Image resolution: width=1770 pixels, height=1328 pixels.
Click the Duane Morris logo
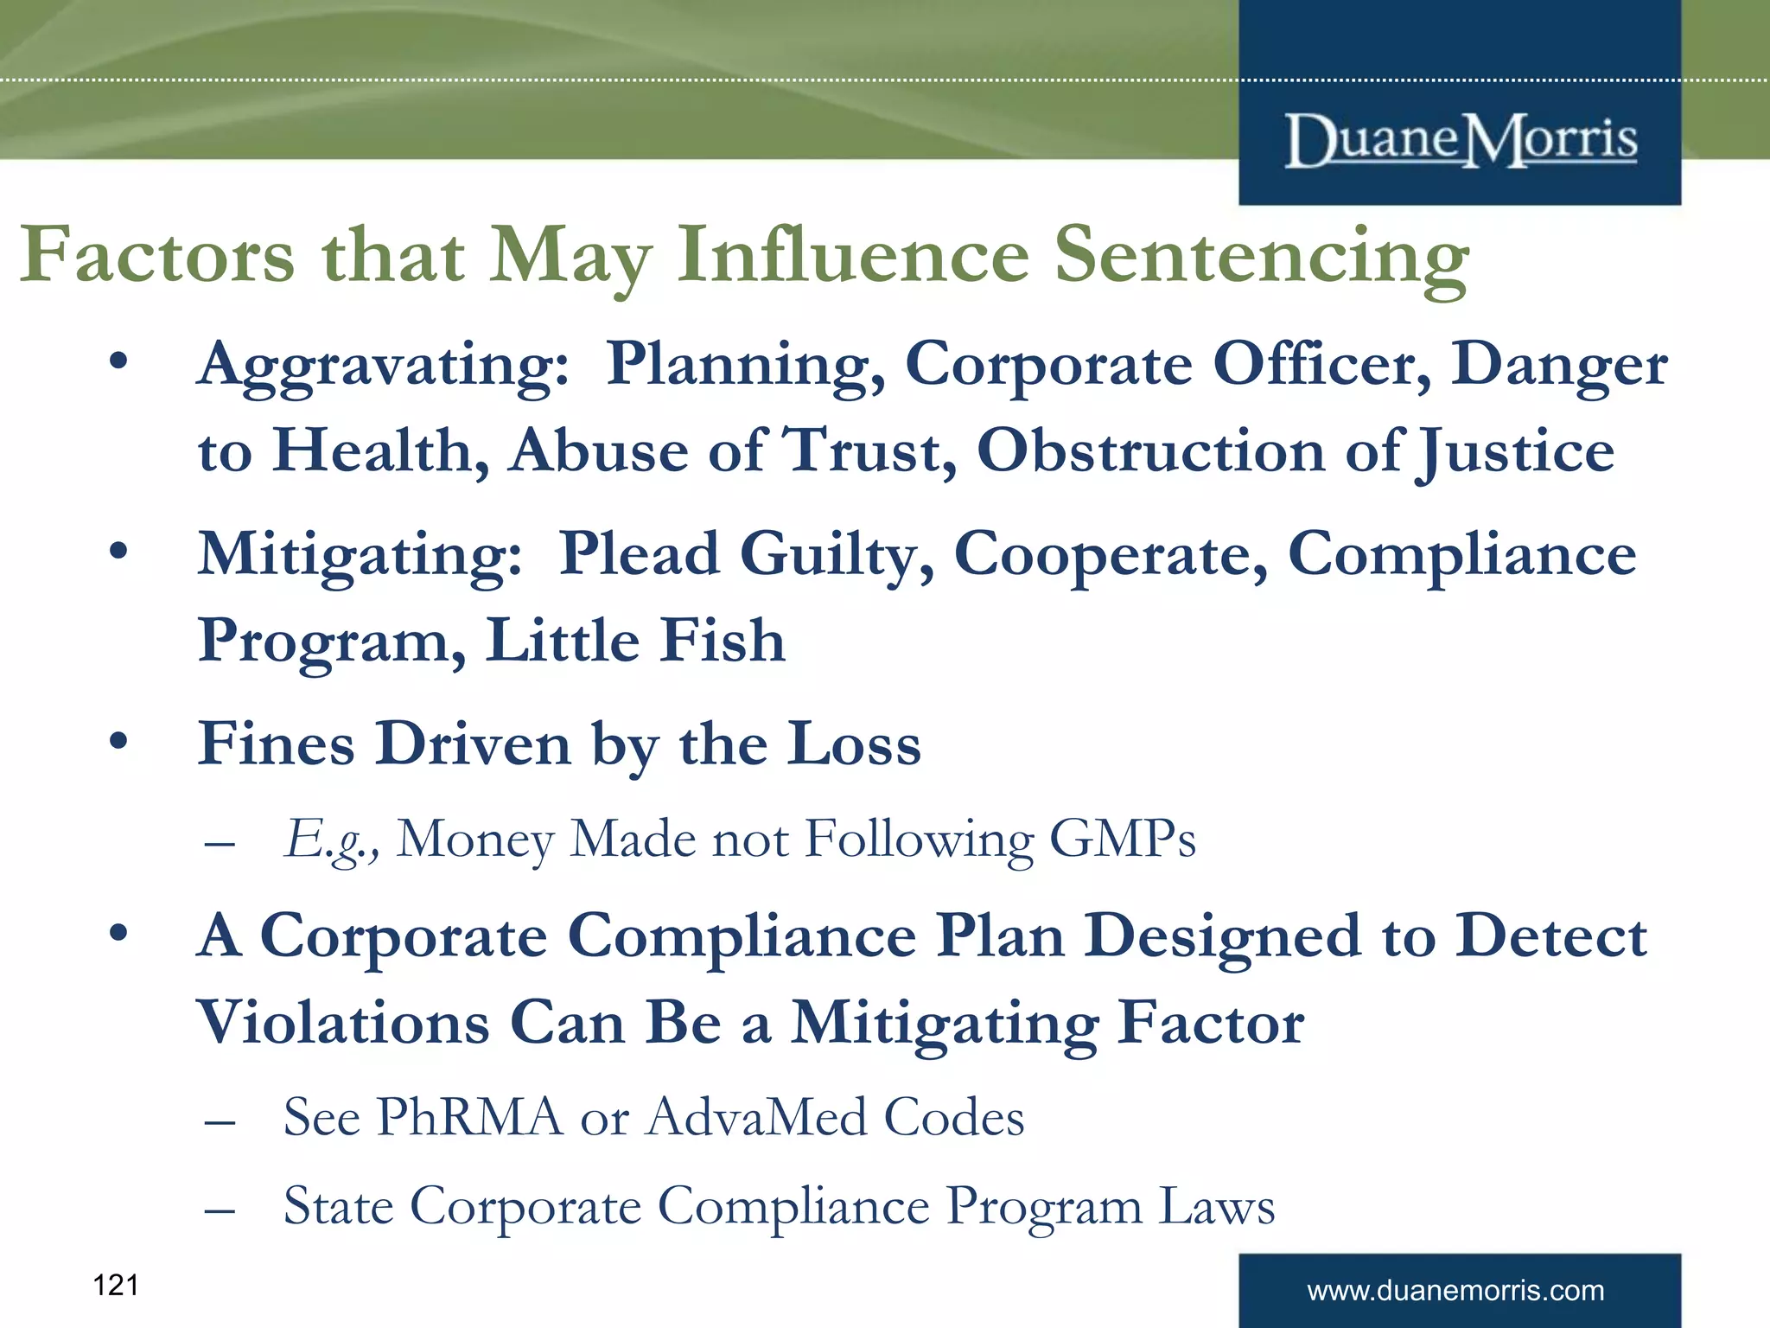pos(1461,140)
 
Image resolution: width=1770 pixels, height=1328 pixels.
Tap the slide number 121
pos(115,1285)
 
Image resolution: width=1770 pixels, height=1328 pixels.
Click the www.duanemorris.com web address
pos(1455,1291)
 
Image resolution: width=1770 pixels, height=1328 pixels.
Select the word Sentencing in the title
pos(1262,257)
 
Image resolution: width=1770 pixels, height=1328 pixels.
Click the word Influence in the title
pos(853,255)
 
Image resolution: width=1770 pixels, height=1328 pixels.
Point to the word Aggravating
pos(383,366)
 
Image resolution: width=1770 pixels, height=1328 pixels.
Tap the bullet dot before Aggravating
pos(119,361)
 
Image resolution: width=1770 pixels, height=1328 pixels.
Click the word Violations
pos(343,1024)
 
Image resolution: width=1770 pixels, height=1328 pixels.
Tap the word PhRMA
pos(469,1117)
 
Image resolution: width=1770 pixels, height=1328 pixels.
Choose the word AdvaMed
pos(757,1117)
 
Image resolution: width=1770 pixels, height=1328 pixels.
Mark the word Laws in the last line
pos(1216,1206)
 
